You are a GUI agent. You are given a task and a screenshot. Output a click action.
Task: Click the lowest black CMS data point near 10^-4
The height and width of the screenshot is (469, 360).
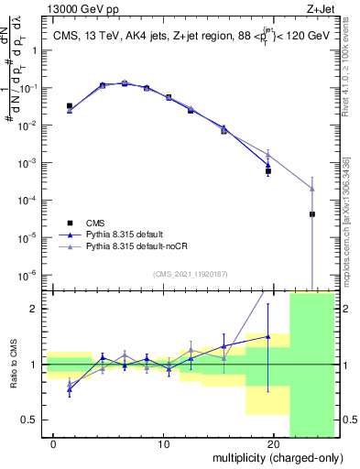(x=312, y=214)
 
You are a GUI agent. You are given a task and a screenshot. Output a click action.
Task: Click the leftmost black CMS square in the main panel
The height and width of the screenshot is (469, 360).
(x=70, y=106)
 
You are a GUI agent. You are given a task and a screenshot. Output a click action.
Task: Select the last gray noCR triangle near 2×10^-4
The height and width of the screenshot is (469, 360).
(x=312, y=189)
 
